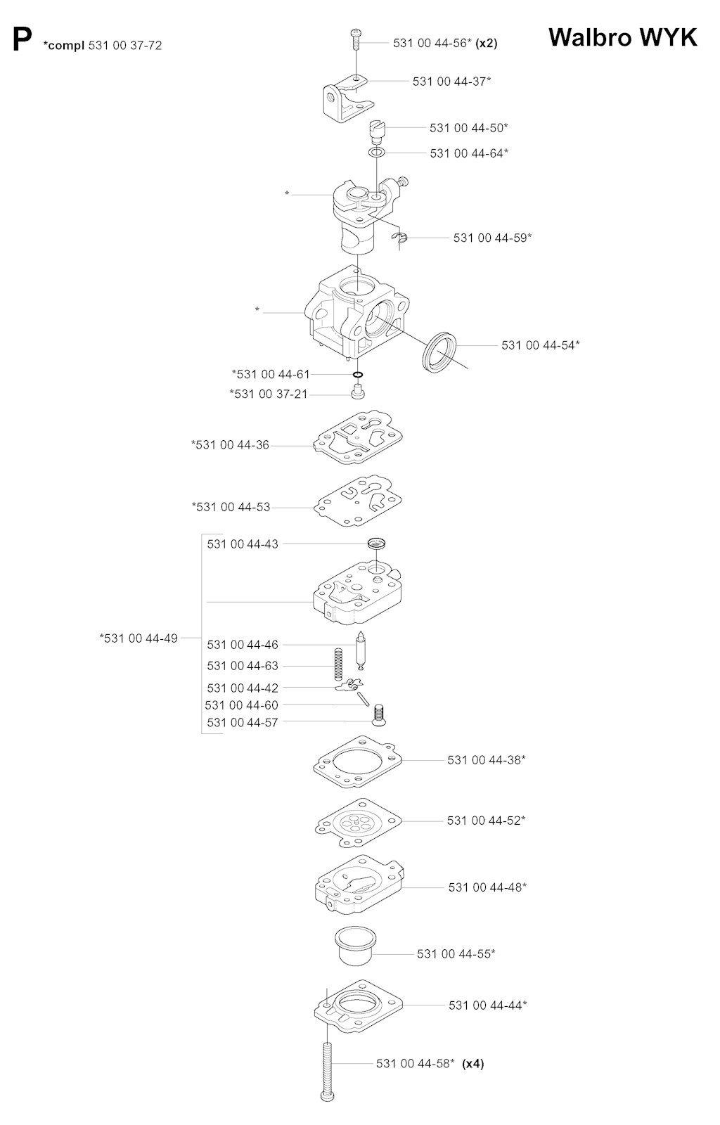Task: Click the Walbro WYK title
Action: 622,38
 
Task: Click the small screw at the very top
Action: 356,39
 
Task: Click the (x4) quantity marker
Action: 473,1063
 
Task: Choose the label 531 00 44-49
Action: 139,638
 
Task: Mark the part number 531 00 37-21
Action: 269,394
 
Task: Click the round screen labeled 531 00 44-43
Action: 376,543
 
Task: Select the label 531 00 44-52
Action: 486,820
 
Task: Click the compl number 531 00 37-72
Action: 125,46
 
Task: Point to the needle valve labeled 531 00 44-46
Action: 360,651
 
